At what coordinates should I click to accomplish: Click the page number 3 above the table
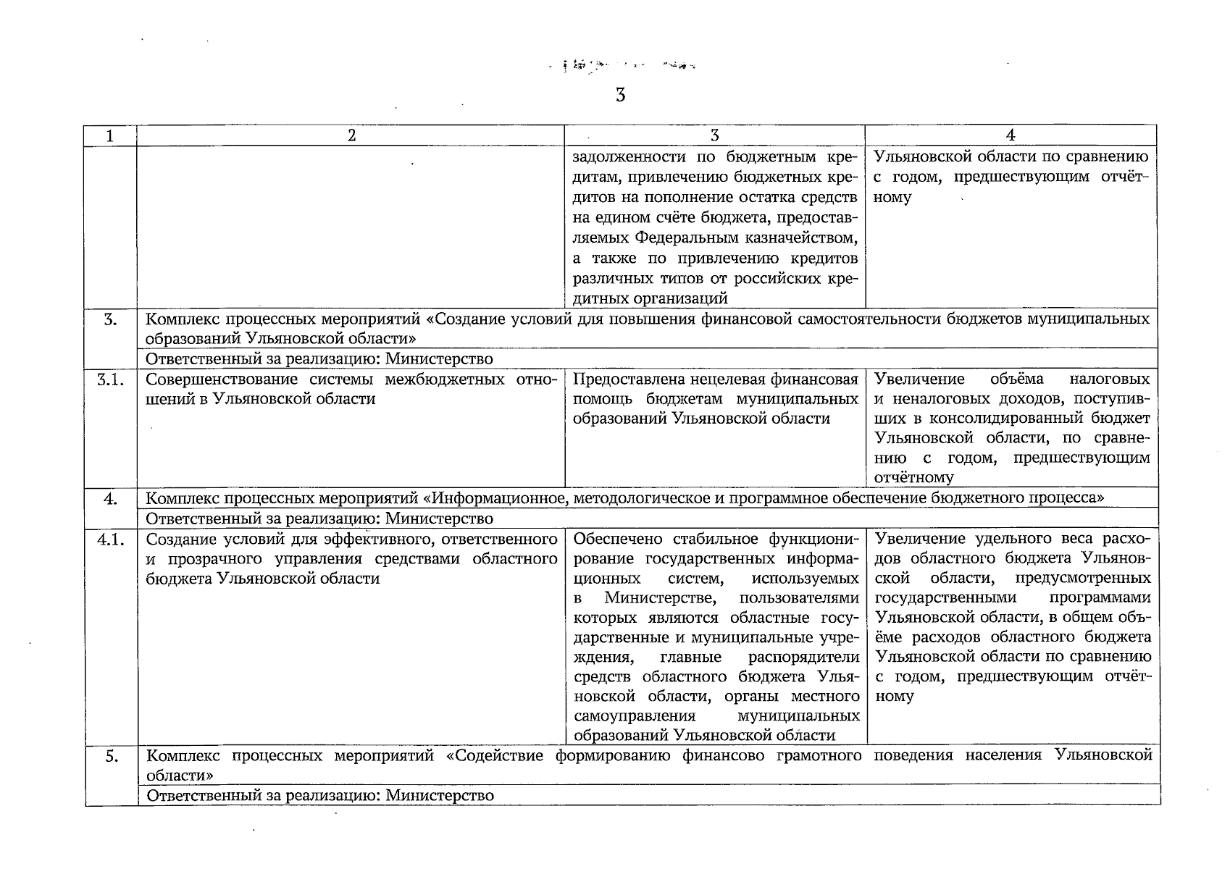tap(620, 95)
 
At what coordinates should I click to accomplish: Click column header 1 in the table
tap(110, 135)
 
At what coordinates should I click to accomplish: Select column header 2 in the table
tap(351, 135)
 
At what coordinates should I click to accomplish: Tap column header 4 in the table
tap(1011, 135)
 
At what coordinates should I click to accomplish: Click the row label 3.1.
tap(110, 379)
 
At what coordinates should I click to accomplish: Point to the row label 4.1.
tap(110, 540)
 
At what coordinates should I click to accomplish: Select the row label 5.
tap(110, 756)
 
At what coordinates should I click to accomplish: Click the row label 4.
tap(110, 498)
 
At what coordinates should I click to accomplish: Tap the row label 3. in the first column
tap(110, 319)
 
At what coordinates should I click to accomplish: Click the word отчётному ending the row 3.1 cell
tap(914, 478)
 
